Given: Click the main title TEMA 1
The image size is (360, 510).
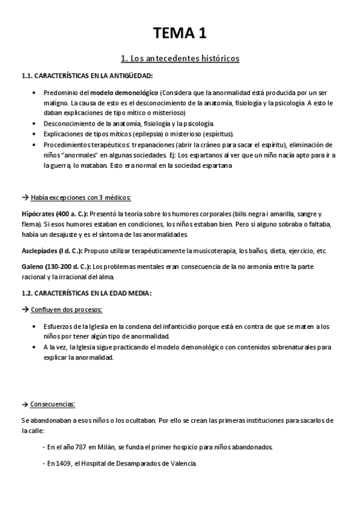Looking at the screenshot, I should (180, 34).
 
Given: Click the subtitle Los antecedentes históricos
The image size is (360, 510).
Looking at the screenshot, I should (180, 58).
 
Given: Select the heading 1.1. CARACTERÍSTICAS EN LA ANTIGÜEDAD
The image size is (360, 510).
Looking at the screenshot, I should (87, 76).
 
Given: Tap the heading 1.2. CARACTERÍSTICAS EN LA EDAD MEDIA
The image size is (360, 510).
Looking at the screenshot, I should (87, 293).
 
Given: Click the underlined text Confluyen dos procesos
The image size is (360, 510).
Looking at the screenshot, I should (67, 309).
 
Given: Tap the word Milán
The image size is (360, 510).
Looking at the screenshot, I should (107, 447).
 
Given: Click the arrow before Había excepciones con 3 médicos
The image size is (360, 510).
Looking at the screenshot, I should (25, 198).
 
